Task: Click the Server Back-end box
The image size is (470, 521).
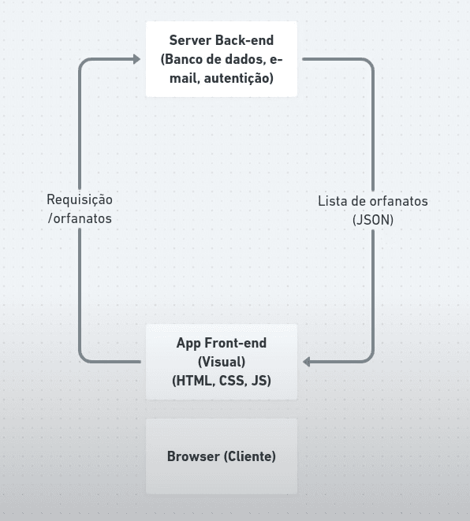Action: click(222, 59)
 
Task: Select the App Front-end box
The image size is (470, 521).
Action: click(222, 362)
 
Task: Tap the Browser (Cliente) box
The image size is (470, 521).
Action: click(222, 456)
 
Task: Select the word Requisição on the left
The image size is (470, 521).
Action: click(80, 200)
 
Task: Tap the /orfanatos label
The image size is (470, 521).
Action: click(80, 219)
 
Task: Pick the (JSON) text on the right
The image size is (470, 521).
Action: click(373, 220)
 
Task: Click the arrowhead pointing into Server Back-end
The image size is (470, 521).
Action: click(136, 59)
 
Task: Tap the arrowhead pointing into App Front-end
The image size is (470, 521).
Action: click(308, 362)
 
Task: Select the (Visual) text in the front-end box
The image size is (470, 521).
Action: click(222, 362)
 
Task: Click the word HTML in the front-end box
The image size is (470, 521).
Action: click(192, 381)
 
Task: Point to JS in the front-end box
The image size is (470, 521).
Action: click(259, 381)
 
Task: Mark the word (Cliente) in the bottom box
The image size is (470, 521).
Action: click(250, 456)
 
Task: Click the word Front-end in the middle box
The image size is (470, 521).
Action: click(236, 343)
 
